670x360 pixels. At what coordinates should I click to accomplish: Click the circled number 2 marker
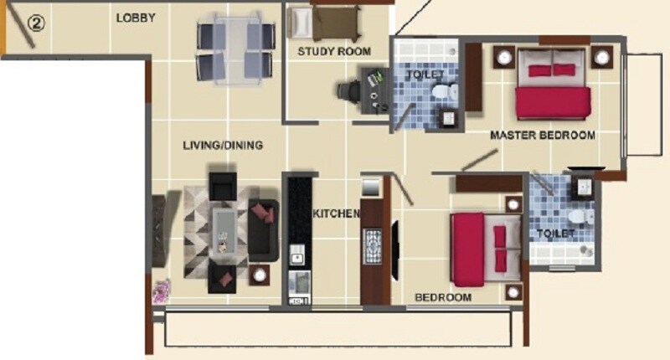click(34, 23)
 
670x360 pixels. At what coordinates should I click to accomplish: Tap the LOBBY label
click(135, 18)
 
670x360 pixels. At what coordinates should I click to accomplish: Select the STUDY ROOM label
click(333, 52)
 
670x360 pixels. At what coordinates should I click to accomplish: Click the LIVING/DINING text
click(223, 146)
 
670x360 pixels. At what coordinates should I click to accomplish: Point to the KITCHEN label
click(336, 213)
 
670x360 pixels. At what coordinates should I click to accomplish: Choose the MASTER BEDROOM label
click(543, 135)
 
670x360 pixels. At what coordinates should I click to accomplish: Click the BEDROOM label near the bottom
click(443, 297)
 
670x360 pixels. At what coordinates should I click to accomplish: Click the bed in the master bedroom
click(552, 85)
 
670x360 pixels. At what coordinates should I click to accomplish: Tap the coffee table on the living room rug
click(224, 230)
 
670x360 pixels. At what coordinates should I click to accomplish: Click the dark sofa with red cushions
click(264, 231)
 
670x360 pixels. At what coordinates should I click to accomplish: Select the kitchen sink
click(296, 281)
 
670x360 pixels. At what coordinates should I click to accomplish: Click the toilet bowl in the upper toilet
click(451, 89)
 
